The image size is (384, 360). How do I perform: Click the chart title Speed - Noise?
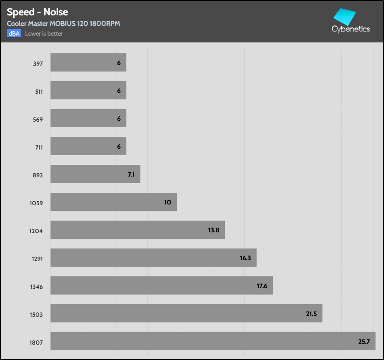tap(37, 12)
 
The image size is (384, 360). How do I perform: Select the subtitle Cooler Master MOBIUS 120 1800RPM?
tap(63, 23)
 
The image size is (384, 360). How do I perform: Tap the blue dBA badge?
tap(14, 34)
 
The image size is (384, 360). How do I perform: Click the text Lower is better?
tap(44, 34)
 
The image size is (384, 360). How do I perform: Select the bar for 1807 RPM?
tap(213, 341)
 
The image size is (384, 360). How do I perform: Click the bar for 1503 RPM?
tap(186, 313)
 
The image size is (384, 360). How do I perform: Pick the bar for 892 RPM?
tap(95, 174)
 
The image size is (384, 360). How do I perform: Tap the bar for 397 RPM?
tap(88, 63)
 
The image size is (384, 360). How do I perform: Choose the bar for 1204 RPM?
tap(137, 229)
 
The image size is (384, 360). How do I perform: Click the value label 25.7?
tap(364, 341)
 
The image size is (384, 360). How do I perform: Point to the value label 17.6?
tap(262, 286)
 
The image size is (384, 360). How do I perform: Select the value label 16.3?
tap(246, 258)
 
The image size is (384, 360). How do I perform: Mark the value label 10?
tap(168, 202)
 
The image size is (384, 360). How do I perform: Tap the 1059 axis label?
tap(36, 203)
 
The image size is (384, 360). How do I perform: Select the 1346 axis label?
tap(36, 287)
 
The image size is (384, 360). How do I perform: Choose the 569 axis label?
tap(38, 120)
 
